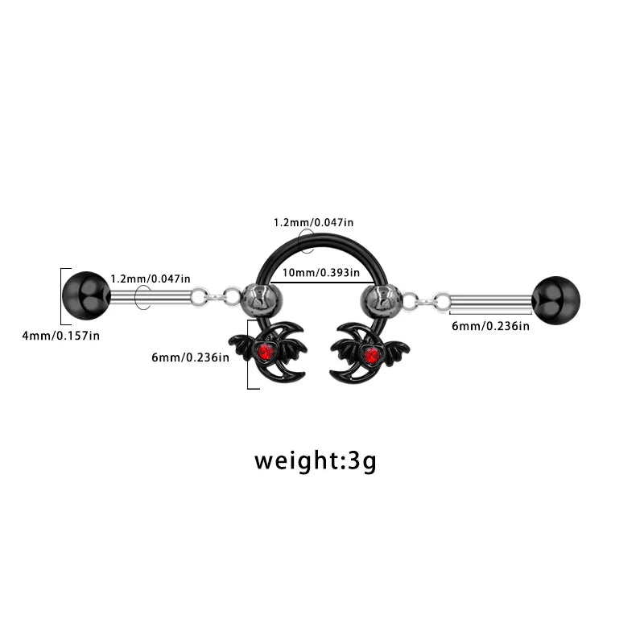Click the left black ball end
pos(86,295)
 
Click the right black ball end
pos(556,300)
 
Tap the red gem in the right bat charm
pos(372,355)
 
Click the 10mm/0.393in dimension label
pos(320,273)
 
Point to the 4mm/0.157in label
pos(61,336)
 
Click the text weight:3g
pos(315,460)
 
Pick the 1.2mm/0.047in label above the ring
pos(313,223)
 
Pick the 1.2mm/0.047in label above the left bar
pos(151,279)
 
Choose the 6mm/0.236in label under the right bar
pos(490,326)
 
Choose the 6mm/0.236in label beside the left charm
pos(190,357)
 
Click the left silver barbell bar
pos(151,297)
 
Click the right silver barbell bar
pos(491,303)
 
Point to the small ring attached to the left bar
pos(200,297)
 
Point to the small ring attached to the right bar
pos(442,302)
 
